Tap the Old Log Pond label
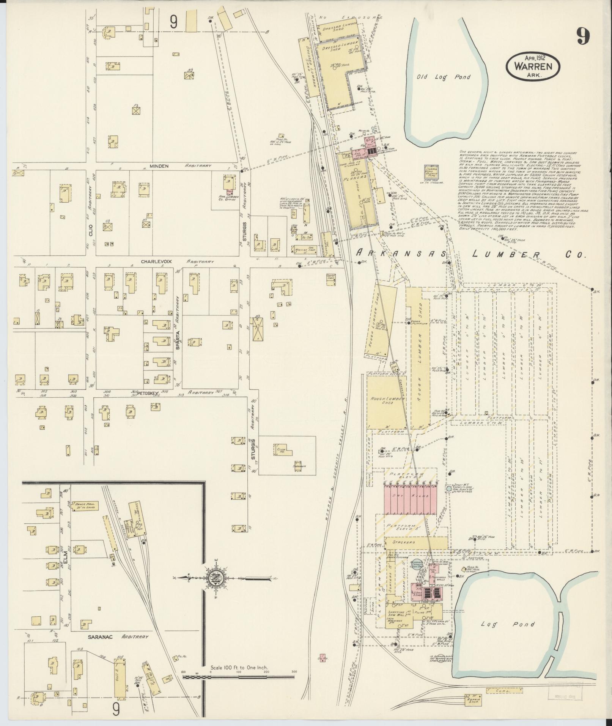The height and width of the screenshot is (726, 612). point(443,77)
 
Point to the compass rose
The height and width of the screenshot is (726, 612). point(213,589)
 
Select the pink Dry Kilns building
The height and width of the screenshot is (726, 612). point(411,498)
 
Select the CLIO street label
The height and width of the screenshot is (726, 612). point(91,228)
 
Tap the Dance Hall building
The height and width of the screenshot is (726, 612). point(87,506)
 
